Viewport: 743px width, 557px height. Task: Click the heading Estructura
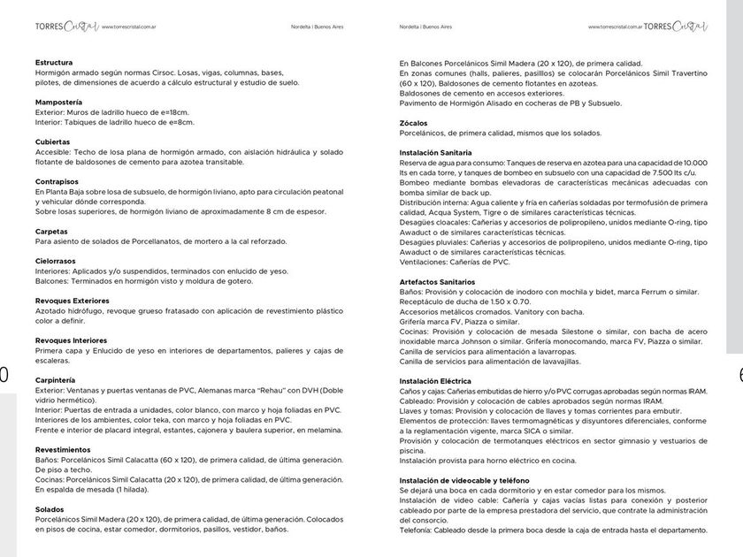tap(54, 63)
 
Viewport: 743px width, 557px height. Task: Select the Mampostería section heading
tap(59, 103)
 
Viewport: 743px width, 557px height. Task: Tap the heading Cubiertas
tap(53, 142)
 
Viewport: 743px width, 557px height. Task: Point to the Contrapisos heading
tap(57, 182)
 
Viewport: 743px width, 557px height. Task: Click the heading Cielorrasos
tap(56, 262)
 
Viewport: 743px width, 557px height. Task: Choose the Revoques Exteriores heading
tap(73, 301)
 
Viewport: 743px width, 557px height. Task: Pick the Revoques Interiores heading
tap(71, 340)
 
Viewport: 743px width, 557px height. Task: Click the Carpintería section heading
tap(56, 380)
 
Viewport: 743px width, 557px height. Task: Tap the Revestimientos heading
tap(63, 450)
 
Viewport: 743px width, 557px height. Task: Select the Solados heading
tap(50, 509)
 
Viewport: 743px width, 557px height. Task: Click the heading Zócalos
tap(414, 123)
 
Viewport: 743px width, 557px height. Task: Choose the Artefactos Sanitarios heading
tap(438, 281)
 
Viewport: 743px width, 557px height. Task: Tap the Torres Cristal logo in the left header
tap(62, 27)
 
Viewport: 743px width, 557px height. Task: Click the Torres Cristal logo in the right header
tap(676, 27)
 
